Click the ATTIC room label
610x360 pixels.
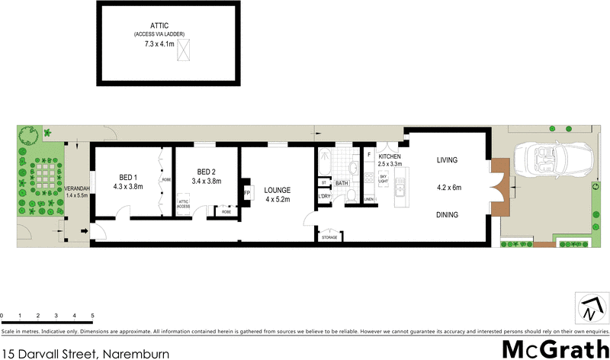coord(159,26)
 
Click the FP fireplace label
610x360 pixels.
coord(247,194)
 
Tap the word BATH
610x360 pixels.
coord(342,183)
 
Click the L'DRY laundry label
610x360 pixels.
coord(323,198)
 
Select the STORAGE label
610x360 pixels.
coord(329,237)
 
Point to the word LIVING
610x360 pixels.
coord(448,160)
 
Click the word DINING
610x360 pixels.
coord(448,215)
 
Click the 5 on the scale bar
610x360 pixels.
coord(92,315)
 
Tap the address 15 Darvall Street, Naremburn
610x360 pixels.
coord(85,352)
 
